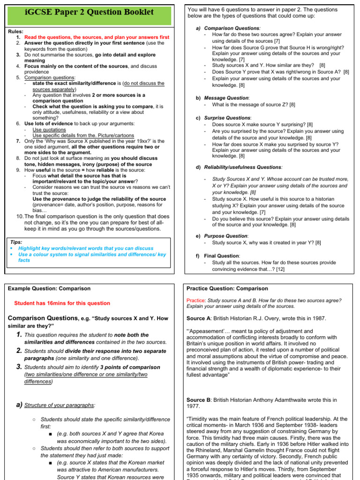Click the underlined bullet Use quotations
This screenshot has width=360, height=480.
tap(49, 129)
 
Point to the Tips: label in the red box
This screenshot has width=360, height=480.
tap(16, 242)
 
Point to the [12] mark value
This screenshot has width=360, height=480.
tap(280, 269)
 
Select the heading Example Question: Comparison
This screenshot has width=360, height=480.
tap(49, 288)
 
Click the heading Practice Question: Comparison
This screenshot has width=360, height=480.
tap(227, 288)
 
